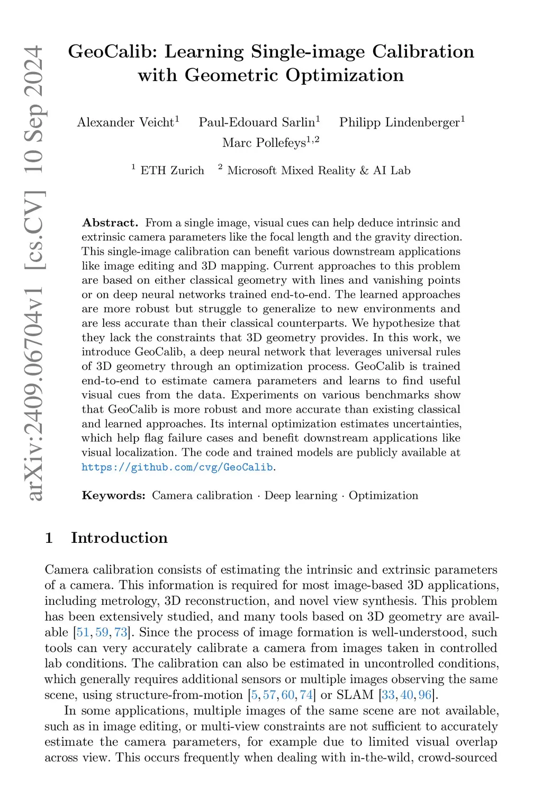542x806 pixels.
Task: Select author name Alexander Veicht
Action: (125, 122)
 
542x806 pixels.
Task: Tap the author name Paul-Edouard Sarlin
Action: (257, 122)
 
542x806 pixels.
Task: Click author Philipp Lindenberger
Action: (400, 122)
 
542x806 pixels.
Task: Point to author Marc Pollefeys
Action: (264, 142)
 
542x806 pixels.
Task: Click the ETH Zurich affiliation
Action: (172, 171)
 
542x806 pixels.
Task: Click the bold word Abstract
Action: (110, 223)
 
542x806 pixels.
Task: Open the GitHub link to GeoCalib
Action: (177, 467)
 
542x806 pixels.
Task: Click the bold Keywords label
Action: (113, 496)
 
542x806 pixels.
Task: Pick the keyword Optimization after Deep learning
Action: (383, 496)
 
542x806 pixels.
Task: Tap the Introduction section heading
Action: (119, 538)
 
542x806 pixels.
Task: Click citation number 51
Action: (83, 632)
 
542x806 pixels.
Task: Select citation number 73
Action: (120, 632)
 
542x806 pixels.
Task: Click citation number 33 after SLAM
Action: (388, 695)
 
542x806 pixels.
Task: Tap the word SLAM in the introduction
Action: (355, 695)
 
